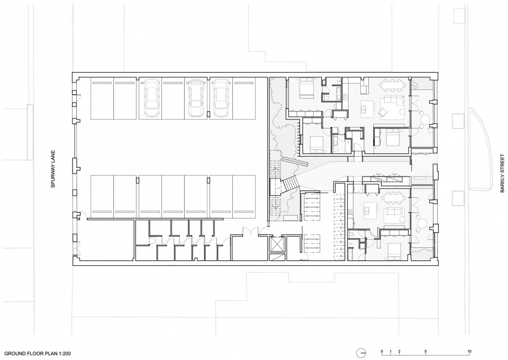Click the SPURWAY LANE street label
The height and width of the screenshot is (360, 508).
pyautogui.click(x=53, y=169)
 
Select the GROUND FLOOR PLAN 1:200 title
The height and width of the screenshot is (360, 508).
pyautogui.click(x=38, y=354)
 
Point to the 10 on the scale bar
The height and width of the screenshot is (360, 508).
pyautogui.click(x=469, y=351)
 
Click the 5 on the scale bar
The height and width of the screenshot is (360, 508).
pyautogui.click(x=425, y=351)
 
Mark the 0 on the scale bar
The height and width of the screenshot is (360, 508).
pyautogui.click(x=382, y=351)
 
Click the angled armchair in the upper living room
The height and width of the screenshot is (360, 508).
pyautogui.click(x=383, y=112)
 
